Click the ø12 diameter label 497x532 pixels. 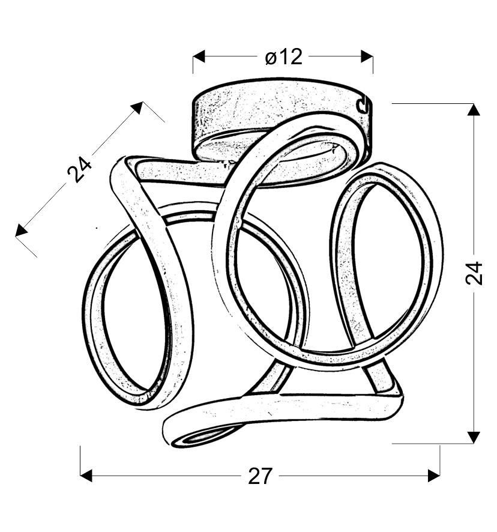click(x=283, y=56)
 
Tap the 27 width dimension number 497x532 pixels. click(x=260, y=476)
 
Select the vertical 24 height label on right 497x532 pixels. click(x=474, y=273)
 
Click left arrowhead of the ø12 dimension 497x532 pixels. click(x=199, y=56)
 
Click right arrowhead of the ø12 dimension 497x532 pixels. click(x=367, y=56)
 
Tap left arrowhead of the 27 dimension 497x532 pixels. click(x=86, y=476)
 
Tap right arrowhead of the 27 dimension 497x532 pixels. click(x=434, y=476)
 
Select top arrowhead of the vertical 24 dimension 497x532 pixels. click(x=474, y=110)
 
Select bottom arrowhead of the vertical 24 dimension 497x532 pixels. click(x=474, y=437)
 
